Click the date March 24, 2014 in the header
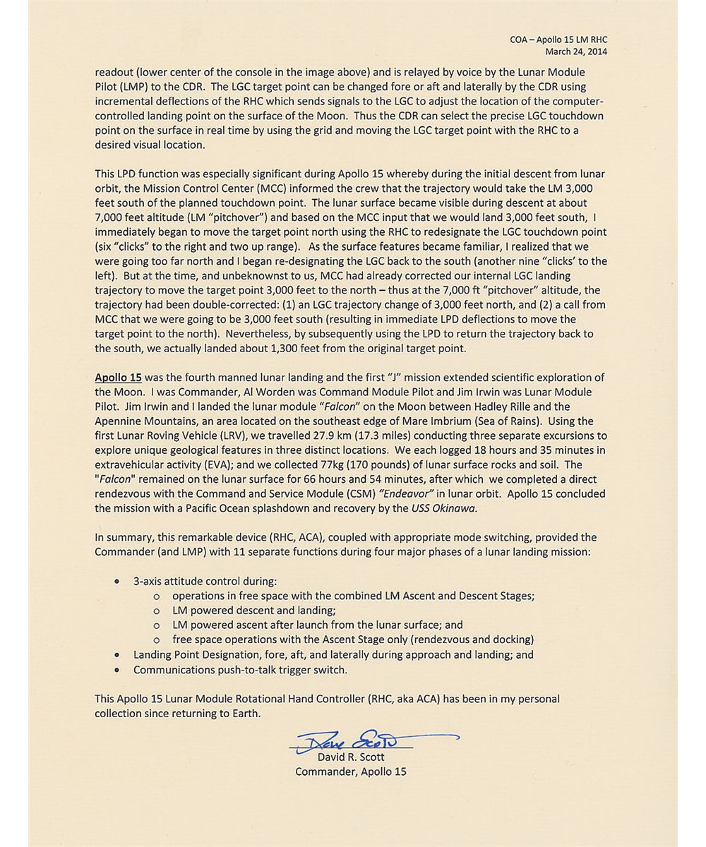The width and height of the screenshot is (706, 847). pos(575,52)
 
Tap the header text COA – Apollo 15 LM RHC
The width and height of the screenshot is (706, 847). pos(558,40)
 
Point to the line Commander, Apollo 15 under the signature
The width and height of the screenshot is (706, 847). pos(351,771)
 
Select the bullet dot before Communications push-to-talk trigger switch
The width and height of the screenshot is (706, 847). pos(117,670)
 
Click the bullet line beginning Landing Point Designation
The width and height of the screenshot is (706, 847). pos(333,655)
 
